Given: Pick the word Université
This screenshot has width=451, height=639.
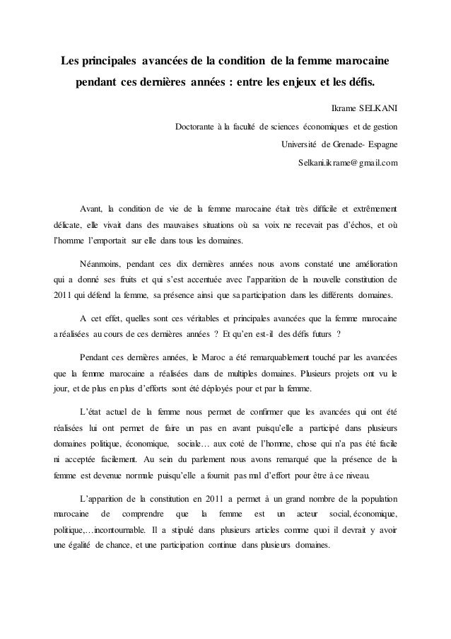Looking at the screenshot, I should (x=300, y=146).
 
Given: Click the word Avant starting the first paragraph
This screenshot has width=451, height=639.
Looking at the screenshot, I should (x=90, y=209).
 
